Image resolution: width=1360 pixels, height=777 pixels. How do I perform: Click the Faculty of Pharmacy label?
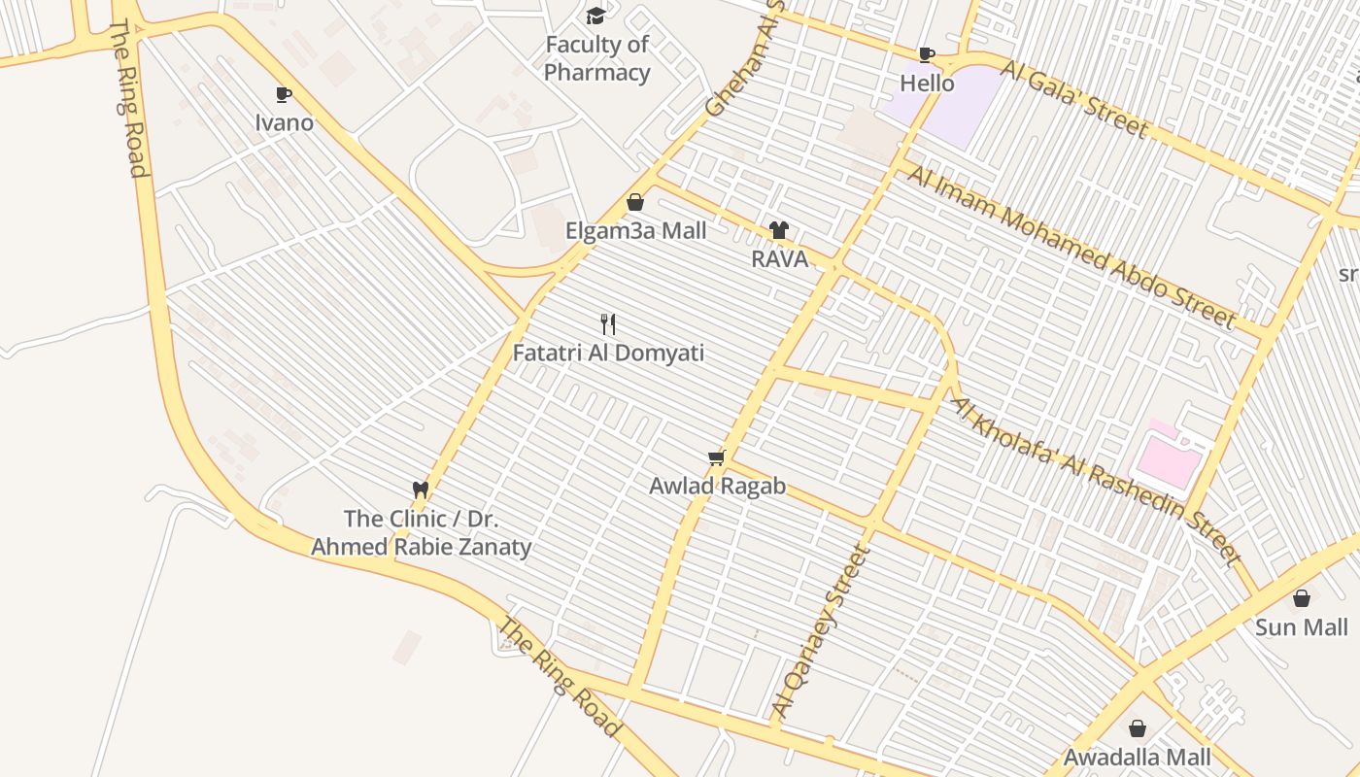(x=596, y=58)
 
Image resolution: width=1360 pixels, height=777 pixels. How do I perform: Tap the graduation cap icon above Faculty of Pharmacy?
(x=595, y=16)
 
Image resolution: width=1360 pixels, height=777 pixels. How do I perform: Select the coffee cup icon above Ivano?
(x=284, y=94)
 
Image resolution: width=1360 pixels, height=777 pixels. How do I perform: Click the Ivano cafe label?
(x=284, y=122)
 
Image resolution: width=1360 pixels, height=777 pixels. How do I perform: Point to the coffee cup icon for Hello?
(x=927, y=54)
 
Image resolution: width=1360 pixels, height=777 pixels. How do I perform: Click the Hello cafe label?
(x=927, y=84)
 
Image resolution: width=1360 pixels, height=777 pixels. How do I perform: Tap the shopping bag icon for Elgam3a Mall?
(x=635, y=202)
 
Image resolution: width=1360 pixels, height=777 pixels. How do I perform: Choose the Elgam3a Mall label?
(x=636, y=231)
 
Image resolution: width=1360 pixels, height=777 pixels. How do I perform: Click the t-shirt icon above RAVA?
(x=779, y=230)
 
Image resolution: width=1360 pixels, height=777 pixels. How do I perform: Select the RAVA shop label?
(x=779, y=259)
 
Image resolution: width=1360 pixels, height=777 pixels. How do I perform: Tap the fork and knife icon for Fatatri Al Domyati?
(x=608, y=323)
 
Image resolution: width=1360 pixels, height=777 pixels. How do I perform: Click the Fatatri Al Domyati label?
(x=608, y=353)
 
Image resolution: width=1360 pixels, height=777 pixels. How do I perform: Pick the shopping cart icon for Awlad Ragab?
(x=717, y=457)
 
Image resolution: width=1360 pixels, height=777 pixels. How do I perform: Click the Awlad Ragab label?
(x=717, y=487)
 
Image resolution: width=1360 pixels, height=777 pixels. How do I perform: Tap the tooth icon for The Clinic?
(x=421, y=490)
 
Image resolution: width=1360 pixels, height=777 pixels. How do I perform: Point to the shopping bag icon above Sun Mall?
(x=1302, y=597)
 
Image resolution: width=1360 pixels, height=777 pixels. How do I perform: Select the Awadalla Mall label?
(x=1138, y=758)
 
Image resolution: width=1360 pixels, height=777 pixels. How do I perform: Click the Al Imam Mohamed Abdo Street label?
(x=1071, y=246)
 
